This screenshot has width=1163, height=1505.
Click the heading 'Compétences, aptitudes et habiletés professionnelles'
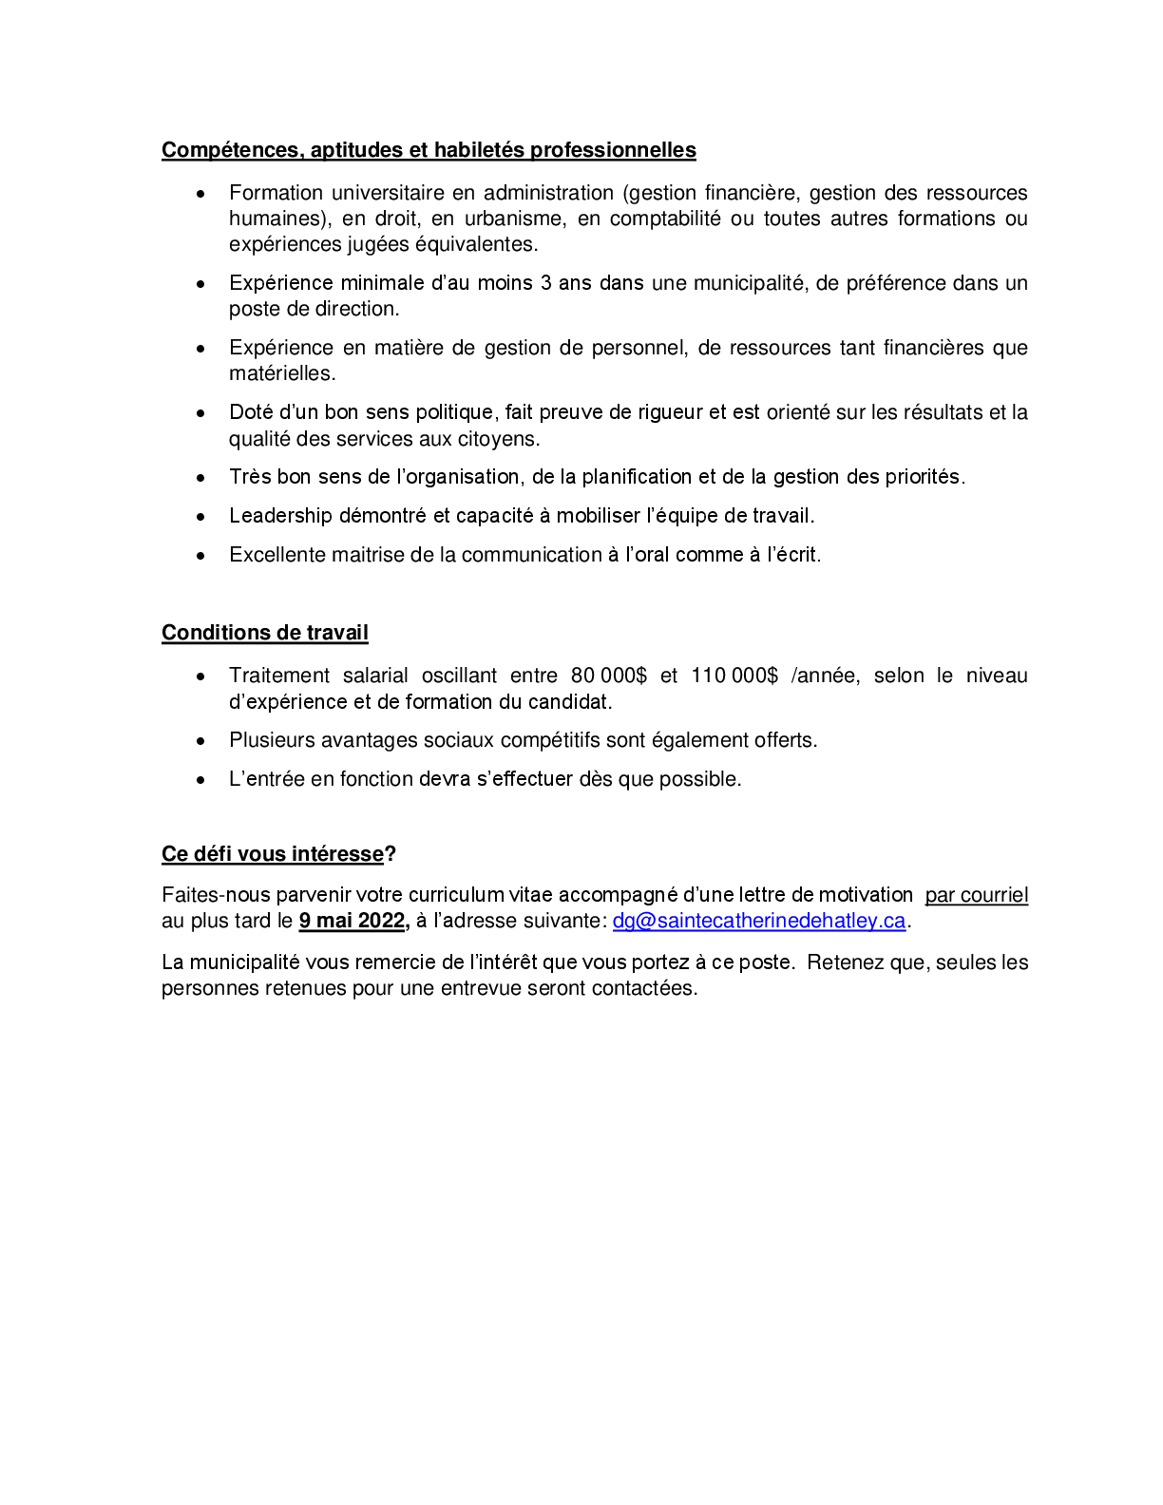tap(429, 150)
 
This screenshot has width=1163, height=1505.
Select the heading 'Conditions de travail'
tap(264, 633)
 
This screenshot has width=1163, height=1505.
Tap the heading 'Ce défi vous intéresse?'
tap(277, 854)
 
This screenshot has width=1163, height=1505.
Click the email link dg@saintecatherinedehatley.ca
tap(758, 921)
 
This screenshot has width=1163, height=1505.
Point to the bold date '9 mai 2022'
tap(353, 921)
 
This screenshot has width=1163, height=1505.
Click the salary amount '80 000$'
tap(608, 676)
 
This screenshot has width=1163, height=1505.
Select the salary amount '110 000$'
tap(734, 676)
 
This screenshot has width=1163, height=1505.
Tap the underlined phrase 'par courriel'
tap(976, 895)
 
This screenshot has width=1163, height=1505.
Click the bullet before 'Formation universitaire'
tap(200, 194)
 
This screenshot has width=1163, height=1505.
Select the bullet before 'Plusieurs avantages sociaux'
tap(200, 741)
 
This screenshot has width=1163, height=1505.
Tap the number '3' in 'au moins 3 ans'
tap(545, 283)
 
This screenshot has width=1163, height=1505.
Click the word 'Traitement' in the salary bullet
tap(279, 676)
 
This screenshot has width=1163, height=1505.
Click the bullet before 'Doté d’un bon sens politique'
tap(200, 413)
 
